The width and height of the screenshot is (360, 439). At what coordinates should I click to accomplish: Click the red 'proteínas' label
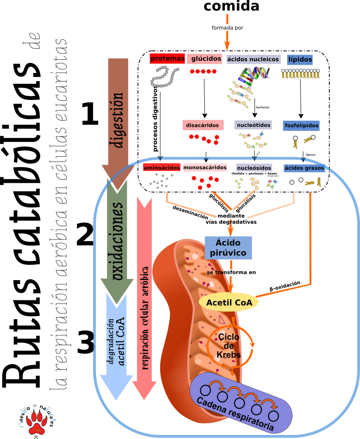tap(167, 59)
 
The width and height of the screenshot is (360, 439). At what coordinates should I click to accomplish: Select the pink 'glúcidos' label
tap(206, 59)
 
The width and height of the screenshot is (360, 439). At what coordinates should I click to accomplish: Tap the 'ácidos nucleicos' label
tap(253, 59)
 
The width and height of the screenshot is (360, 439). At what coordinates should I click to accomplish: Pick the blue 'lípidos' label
tap(300, 59)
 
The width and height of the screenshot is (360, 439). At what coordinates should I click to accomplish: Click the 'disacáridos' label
tap(202, 125)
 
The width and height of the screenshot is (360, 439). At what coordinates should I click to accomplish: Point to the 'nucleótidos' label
tap(253, 125)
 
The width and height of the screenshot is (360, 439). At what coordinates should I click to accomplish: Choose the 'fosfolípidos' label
tap(301, 125)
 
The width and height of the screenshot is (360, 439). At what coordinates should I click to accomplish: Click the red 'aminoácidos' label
tap(162, 167)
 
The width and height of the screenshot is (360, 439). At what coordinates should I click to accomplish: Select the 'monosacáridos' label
tap(205, 167)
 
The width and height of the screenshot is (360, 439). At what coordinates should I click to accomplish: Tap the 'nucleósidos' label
tap(254, 168)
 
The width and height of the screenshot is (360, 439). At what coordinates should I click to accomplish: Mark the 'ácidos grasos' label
tap(304, 168)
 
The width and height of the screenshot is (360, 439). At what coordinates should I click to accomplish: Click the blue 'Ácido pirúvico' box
tap(228, 248)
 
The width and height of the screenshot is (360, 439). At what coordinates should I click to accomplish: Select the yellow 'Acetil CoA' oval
tap(229, 302)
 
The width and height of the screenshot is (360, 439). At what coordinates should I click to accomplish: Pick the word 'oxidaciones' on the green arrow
tap(117, 241)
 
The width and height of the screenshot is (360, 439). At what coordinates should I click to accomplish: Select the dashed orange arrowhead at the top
tap(227, 45)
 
